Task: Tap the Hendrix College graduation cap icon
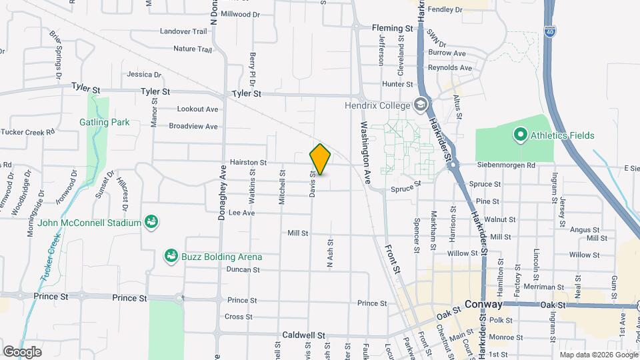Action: coord(420,105)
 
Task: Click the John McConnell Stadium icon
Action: coord(151,222)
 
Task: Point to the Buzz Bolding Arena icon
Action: coord(171,257)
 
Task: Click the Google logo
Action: coord(22,351)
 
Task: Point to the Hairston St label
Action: coord(248,162)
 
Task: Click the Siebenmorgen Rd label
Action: coord(507,165)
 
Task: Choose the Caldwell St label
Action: coord(303,335)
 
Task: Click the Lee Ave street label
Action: coord(242,213)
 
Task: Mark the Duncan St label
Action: coord(243,269)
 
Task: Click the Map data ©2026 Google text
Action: coord(597,355)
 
